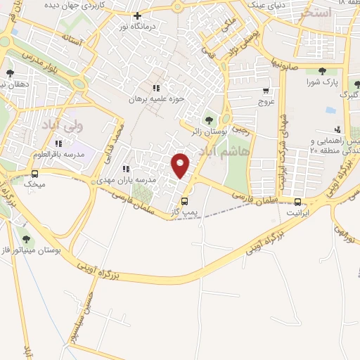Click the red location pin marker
click(x=181, y=165)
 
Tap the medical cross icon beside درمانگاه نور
click(x=137, y=15)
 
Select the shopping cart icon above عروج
click(x=266, y=91)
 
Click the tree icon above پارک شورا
click(x=322, y=71)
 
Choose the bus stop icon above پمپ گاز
click(x=184, y=200)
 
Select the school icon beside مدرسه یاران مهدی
click(x=125, y=169)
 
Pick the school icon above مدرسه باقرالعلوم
click(x=58, y=143)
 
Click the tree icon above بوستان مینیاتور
click(x=27, y=240)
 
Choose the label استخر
click(x=315, y=13)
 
